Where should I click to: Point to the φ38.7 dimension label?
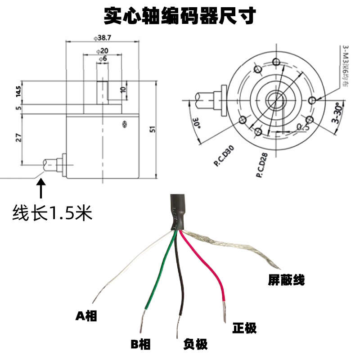click(103, 37)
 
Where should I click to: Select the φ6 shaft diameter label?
click(102, 59)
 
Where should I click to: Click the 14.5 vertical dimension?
click(18, 91)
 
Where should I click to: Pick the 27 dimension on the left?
click(18, 138)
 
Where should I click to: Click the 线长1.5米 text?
click(52, 212)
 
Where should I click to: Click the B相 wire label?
click(141, 345)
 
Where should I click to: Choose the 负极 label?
click(195, 345)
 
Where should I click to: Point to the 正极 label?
click(244, 328)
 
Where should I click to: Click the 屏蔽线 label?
click(287, 281)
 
